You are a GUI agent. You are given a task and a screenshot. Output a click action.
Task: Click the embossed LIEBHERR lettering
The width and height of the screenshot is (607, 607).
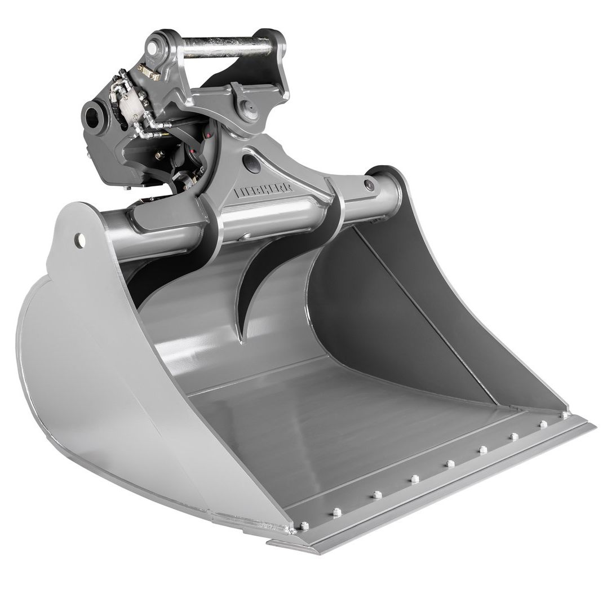pyautogui.click(x=263, y=191)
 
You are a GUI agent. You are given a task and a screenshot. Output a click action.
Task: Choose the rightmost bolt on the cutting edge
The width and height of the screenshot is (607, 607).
pyautogui.click(x=564, y=414)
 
